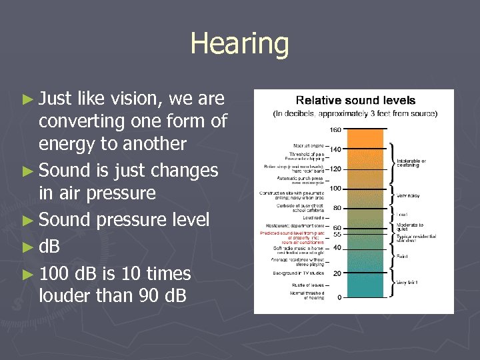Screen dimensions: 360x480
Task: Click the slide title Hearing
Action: click(239, 44)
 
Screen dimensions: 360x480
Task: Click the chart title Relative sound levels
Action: click(355, 101)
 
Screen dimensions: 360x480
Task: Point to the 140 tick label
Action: click(335, 150)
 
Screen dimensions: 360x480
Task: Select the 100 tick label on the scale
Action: click(335, 189)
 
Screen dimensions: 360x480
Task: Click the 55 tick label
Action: click(337, 235)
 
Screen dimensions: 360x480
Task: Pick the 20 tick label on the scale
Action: click(337, 273)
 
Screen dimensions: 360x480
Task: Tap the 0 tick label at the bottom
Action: click(339, 297)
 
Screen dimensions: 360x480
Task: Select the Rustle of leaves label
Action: click(307, 286)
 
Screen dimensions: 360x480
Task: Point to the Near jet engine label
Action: click(307, 145)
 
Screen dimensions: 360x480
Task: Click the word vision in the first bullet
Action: click(131, 99)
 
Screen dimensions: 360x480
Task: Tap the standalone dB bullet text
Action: click(49, 247)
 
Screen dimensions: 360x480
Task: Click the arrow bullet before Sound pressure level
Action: click(30, 221)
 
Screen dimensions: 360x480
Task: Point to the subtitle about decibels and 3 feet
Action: click(355, 114)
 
